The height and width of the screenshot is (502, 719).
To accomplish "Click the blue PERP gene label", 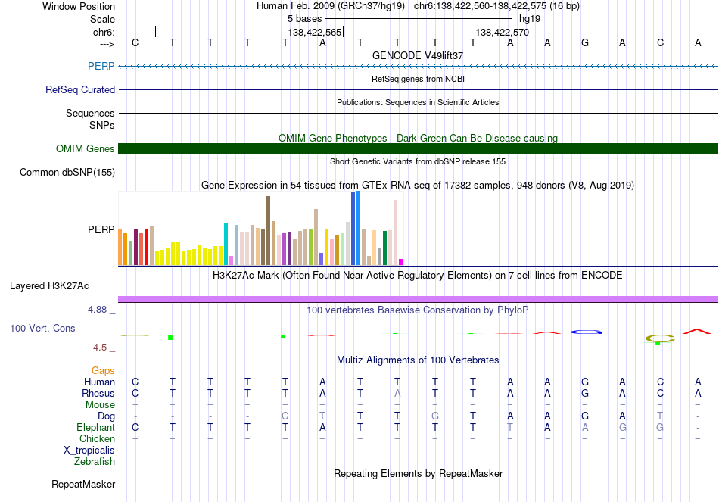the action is pyautogui.click(x=101, y=66).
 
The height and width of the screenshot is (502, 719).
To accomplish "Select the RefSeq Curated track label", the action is pyautogui.click(x=79, y=89).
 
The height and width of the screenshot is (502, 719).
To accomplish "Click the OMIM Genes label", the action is pyautogui.click(x=85, y=148).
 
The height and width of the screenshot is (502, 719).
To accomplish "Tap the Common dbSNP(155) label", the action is pyautogui.click(x=67, y=172).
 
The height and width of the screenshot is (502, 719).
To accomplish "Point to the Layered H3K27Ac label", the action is pyautogui.click(x=49, y=286).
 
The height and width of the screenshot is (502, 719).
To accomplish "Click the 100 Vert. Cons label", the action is pyautogui.click(x=42, y=328).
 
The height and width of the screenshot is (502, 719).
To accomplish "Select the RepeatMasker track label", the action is pyautogui.click(x=83, y=484).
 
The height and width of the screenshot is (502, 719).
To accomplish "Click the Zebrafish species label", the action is pyautogui.click(x=94, y=461).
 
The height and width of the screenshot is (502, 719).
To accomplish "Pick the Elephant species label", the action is pyautogui.click(x=95, y=427).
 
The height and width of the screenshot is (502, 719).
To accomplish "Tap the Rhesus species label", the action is pyautogui.click(x=98, y=393).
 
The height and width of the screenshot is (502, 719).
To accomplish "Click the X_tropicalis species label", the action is pyautogui.click(x=89, y=451).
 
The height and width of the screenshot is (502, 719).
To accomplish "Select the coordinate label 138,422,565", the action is pyautogui.click(x=315, y=32).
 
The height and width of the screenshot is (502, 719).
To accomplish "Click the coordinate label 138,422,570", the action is pyautogui.click(x=502, y=32).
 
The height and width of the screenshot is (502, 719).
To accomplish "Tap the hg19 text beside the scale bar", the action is pyautogui.click(x=530, y=19).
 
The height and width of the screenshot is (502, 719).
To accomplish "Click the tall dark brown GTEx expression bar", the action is pyautogui.click(x=268, y=230).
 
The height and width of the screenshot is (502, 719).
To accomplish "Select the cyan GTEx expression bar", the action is pyautogui.click(x=226, y=244).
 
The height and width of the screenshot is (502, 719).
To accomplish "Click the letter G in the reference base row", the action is pyautogui.click(x=585, y=42).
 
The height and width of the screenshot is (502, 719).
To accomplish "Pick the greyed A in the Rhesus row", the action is pyautogui.click(x=397, y=393).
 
